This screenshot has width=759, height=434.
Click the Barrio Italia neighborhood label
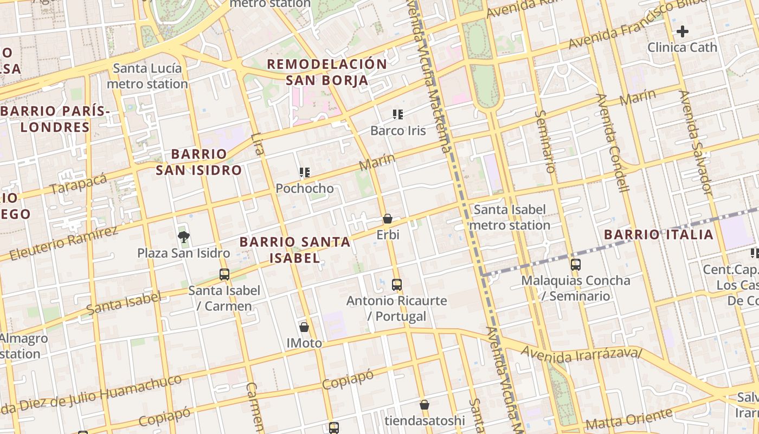tap(659, 234)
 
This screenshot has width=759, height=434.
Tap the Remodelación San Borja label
tap(327, 72)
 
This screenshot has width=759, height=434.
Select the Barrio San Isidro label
tap(198, 162)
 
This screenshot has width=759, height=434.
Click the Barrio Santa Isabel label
tap(295, 250)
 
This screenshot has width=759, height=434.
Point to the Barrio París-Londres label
tap(55, 119)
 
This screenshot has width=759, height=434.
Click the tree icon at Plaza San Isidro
tap(184, 236)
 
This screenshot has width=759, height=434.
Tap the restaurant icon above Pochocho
tap(305, 173)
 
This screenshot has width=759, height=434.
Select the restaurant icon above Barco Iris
tap(398, 114)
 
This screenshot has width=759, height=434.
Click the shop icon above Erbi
tap(388, 219)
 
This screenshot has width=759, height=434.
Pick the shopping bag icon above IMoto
tap(304, 327)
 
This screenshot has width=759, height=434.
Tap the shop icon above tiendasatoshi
tap(424, 405)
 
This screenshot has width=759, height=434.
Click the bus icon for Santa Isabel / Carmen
tap(224, 274)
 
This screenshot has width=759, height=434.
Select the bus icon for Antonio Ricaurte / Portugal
tap(397, 284)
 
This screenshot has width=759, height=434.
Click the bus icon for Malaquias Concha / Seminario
tap(576, 265)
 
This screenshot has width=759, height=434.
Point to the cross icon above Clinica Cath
tap(683, 31)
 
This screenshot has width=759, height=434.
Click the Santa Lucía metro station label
tap(147, 76)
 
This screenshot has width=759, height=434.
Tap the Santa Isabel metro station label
tap(510, 217)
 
